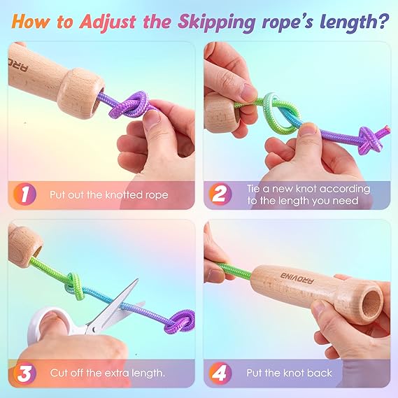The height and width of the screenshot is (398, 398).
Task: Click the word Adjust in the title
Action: coord(108,22)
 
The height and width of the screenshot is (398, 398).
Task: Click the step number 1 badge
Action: coord(24,194)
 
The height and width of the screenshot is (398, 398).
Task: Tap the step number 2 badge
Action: coord(220,194)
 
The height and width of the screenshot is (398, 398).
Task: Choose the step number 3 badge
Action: coord(24,373)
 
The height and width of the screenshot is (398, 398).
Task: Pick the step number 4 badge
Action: coord(220,373)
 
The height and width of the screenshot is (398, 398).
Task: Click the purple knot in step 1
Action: coord(131,105)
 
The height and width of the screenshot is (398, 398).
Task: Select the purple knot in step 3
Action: coord(180,322)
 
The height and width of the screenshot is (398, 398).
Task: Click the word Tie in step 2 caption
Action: coord(254,189)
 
